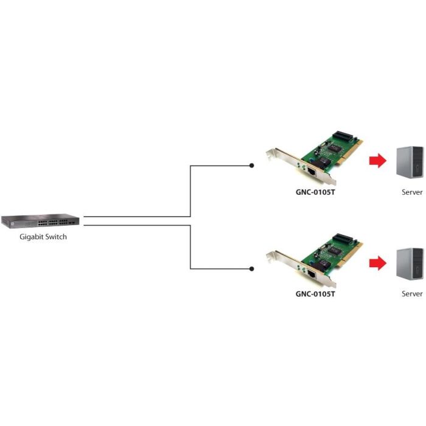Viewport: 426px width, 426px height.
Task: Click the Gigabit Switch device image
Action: [40, 222]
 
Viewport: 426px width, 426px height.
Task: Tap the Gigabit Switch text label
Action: [42, 237]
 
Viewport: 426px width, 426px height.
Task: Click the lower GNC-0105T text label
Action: [315, 294]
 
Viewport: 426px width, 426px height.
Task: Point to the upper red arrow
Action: [378, 161]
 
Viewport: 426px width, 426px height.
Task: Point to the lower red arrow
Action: [378, 262]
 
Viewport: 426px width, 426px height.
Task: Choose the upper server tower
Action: [410, 162]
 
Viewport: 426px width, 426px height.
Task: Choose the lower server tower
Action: [410, 264]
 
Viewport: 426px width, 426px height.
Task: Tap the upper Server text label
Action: [411, 192]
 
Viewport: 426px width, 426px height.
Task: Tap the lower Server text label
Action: [411, 294]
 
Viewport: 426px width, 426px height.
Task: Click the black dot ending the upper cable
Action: [252, 165]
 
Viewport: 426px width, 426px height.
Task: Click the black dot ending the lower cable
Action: [252, 268]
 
